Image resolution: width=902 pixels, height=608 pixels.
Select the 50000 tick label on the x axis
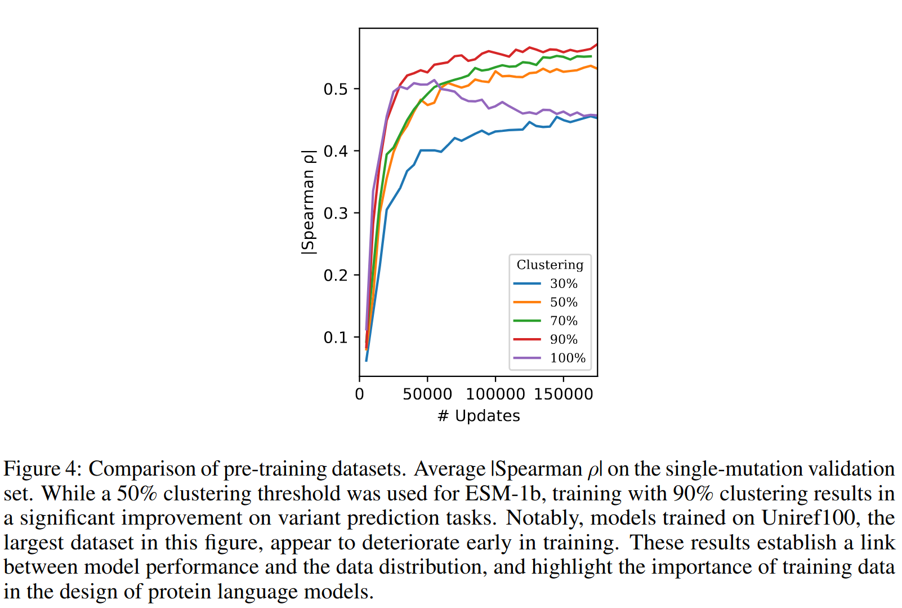pyautogui.click(x=427, y=394)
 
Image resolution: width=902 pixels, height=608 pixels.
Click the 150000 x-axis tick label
pyautogui.click(x=564, y=394)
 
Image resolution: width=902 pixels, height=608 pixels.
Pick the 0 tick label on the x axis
pyautogui.click(x=360, y=394)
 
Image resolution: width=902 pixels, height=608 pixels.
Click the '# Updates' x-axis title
pyautogui.click(x=479, y=416)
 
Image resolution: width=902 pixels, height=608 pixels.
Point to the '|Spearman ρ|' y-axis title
pyautogui.click(x=308, y=202)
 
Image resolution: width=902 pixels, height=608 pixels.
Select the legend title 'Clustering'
pyautogui.click(x=550, y=265)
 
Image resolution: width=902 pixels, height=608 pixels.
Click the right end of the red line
pyautogui.click(x=596, y=45)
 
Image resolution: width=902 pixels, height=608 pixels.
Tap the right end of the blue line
pyautogui.click(x=596, y=118)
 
